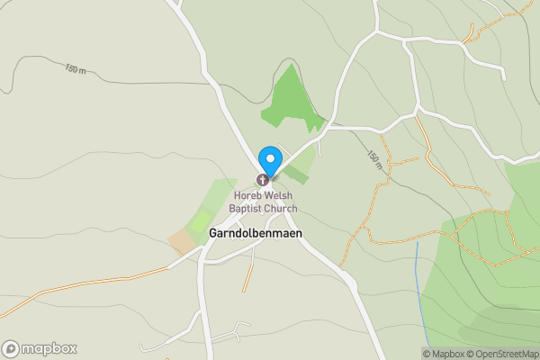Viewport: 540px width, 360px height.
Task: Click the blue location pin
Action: (268, 159)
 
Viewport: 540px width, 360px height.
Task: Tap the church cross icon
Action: (265, 181)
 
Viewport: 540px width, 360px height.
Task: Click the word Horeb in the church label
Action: (249, 195)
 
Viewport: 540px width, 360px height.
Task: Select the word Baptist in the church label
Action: (247, 209)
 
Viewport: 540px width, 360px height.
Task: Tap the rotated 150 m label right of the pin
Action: (374, 159)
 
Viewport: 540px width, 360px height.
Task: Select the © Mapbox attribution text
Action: (444, 354)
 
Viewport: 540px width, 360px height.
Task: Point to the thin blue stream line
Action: (419, 288)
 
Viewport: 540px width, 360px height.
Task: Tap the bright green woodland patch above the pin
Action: (290, 99)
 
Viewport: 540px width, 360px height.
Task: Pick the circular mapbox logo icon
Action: (11, 349)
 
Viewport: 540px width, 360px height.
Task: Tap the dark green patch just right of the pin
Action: (298, 175)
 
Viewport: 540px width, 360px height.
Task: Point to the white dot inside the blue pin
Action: (268, 155)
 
